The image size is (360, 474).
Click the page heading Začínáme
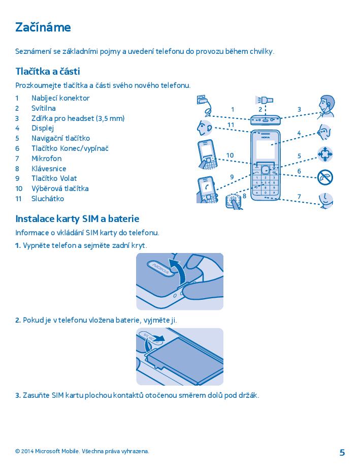[43, 27]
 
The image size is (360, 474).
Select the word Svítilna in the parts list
[44, 108]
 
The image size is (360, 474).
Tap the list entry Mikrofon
[47, 159]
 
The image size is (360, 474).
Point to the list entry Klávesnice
[49, 168]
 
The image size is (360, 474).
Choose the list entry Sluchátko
[48, 199]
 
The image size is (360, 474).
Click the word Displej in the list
[43, 128]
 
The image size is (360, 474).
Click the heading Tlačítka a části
[48, 71]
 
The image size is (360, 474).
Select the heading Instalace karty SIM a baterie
[77, 218]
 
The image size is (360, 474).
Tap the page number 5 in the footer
[342, 453]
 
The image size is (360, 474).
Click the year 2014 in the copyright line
[27, 451]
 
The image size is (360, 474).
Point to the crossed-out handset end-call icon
[325, 177]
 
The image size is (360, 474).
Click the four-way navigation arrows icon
[325, 154]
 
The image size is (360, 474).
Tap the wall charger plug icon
[202, 100]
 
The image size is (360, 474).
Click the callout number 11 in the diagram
[231, 125]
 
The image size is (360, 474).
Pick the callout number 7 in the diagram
[299, 197]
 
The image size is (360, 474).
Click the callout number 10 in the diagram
[230, 155]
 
